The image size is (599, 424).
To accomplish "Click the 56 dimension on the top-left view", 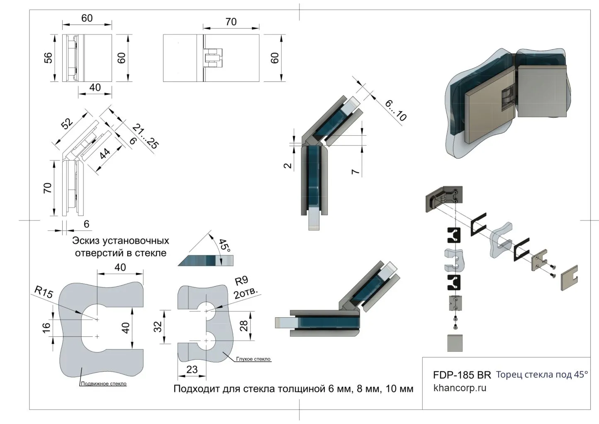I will (48, 58).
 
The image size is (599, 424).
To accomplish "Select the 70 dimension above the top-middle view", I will (231, 22).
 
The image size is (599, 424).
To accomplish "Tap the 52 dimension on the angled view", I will (67, 123).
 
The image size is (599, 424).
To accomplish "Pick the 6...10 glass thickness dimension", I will (395, 110).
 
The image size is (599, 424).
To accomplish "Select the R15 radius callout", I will (44, 293).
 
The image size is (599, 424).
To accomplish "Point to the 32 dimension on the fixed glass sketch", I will (158, 326).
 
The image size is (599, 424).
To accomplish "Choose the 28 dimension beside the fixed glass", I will (244, 326).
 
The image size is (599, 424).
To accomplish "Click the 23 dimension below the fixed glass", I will (192, 369).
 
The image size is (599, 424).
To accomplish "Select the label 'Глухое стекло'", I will (253, 359).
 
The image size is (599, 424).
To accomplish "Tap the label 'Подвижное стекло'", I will (104, 384).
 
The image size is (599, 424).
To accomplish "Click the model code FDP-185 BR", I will (462, 375).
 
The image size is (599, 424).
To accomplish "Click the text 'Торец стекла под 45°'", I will (542, 375).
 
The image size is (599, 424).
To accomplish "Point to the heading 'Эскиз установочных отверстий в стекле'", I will (121, 247).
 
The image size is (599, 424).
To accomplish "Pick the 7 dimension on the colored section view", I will (356, 170).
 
